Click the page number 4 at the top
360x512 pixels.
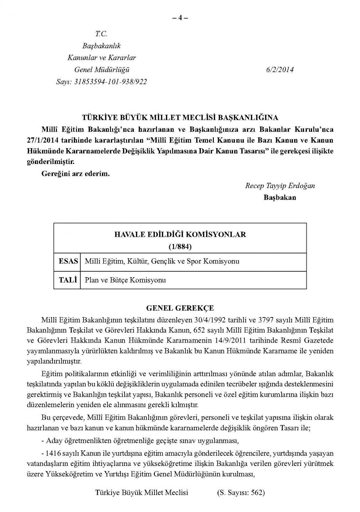tap(180, 18)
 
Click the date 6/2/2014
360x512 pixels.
tap(280, 70)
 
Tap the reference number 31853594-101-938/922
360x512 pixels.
tap(111, 82)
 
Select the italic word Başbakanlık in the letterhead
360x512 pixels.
tap(102, 46)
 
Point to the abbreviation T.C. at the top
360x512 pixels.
tap(102, 34)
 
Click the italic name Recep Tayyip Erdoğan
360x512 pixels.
tap(280, 186)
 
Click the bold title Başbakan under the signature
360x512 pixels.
tap(280, 197)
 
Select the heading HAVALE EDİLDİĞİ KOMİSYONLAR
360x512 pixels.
tap(180, 234)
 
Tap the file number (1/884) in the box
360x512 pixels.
tap(180, 247)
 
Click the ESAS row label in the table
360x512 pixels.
tap(68, 261)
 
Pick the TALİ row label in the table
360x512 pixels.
tap(68, 280)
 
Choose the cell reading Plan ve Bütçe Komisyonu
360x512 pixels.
tap(125, 280)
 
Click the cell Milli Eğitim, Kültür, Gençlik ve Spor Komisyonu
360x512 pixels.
tap(162, 261)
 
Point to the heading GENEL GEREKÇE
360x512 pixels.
tap(180, 308)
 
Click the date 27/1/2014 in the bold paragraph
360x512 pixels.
tap(44, 141)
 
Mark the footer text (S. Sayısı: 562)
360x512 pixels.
tap(241, 493)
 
